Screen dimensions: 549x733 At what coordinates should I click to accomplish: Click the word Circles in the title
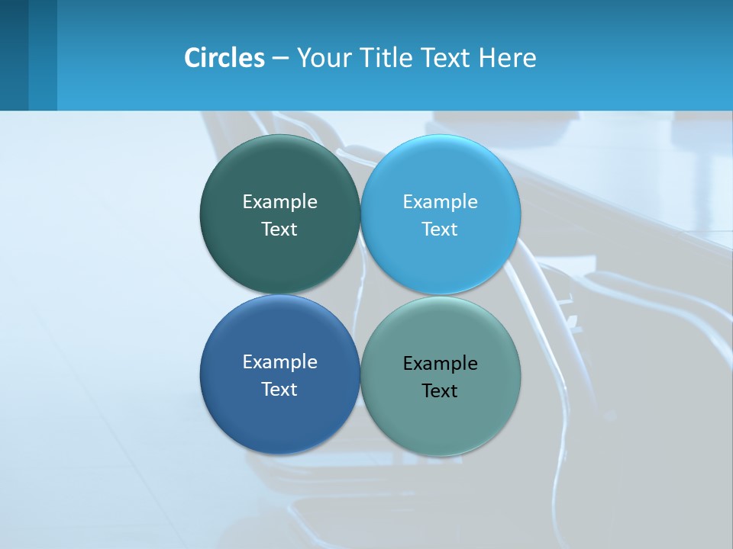click(224, 58)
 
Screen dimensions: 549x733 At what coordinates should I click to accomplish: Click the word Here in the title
click(508, 58)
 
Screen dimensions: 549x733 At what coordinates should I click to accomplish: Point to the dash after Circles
click(280, 59)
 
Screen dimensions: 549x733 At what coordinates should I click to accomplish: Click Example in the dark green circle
click(279, 202)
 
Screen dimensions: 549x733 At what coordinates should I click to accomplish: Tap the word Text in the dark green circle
click(279, 230)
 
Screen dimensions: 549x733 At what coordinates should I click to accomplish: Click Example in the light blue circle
click(440, 202)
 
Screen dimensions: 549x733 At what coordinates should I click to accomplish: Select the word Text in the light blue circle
click(440, 230)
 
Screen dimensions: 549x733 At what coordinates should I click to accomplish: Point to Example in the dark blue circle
click(279, 362)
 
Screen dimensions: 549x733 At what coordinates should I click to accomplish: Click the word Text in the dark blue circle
click(279, 390)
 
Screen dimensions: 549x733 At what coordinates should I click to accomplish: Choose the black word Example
click(440, 364)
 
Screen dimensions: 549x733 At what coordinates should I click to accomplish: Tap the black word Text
click(440, 391)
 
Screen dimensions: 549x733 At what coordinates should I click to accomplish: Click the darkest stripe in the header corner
click(14, 55)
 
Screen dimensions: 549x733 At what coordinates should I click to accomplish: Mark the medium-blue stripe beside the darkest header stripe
click(43, 55)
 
